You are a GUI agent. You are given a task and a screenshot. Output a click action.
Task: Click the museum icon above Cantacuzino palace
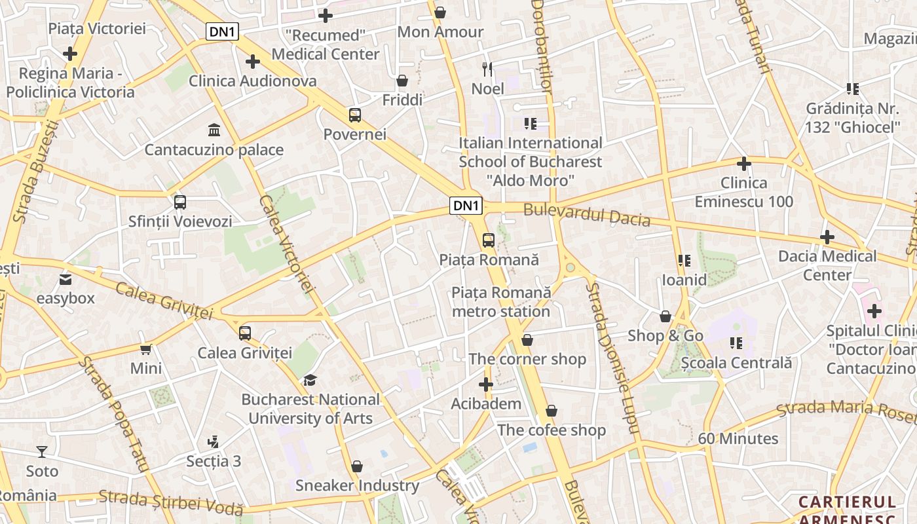(x=214, y=129)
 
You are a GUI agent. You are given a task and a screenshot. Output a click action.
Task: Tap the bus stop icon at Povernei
(x=355, y=115)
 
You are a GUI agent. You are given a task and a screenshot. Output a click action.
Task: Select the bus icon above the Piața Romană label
(x=489, y=240)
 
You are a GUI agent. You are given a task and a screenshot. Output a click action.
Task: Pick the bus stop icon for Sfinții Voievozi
(x=180, y=202)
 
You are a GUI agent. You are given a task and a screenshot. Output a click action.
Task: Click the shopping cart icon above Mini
(x=145, y=349)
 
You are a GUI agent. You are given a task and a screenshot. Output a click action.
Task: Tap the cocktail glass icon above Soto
(x=42, y=451)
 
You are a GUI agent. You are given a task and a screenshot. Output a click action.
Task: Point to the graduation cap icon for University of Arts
(x=310, y=380)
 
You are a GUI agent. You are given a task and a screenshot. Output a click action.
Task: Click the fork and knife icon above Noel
(x=487, y=69)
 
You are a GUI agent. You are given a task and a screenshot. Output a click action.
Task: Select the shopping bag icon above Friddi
(x=402, y=81)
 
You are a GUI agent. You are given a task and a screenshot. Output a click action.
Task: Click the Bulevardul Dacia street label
(x=587, y=215)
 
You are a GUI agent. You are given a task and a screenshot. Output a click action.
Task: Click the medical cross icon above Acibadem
(x=486, y=384)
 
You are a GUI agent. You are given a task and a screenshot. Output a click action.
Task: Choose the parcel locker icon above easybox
(x=65, y=280)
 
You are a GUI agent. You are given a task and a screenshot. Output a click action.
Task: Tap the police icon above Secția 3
(x=213, y=441)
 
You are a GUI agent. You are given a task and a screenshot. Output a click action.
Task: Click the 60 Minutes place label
(x=738, y=438)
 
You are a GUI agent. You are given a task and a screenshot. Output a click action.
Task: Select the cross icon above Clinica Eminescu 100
(x=743, y=163)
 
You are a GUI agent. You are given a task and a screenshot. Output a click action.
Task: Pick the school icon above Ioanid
(x=684, y=261)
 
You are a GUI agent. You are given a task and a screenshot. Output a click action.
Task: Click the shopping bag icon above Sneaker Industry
(x=357, y=466)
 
